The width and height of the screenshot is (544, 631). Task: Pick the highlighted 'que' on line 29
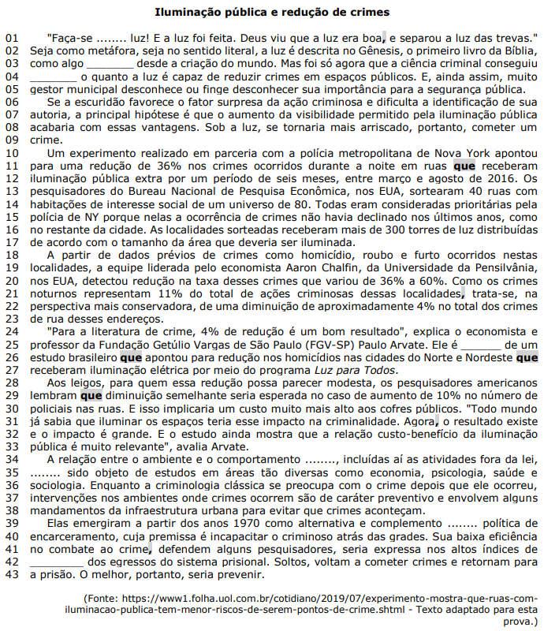click(91, 397)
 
